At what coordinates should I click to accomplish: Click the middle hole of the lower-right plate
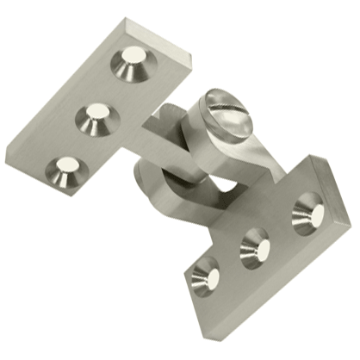pyautogui.click(x=255, y=246)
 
